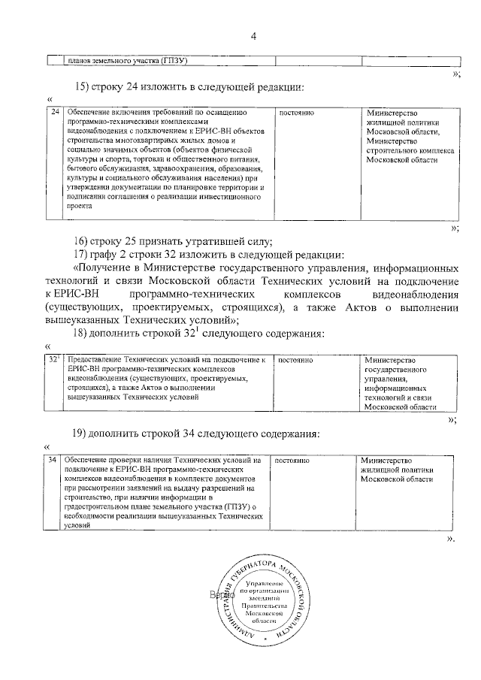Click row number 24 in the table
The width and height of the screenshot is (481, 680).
pos(55,113)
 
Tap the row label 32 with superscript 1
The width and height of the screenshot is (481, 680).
pos(55,361)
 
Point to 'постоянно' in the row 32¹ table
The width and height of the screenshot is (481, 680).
pos(295,361)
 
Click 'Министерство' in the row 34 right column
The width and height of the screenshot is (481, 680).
pos(385,460)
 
